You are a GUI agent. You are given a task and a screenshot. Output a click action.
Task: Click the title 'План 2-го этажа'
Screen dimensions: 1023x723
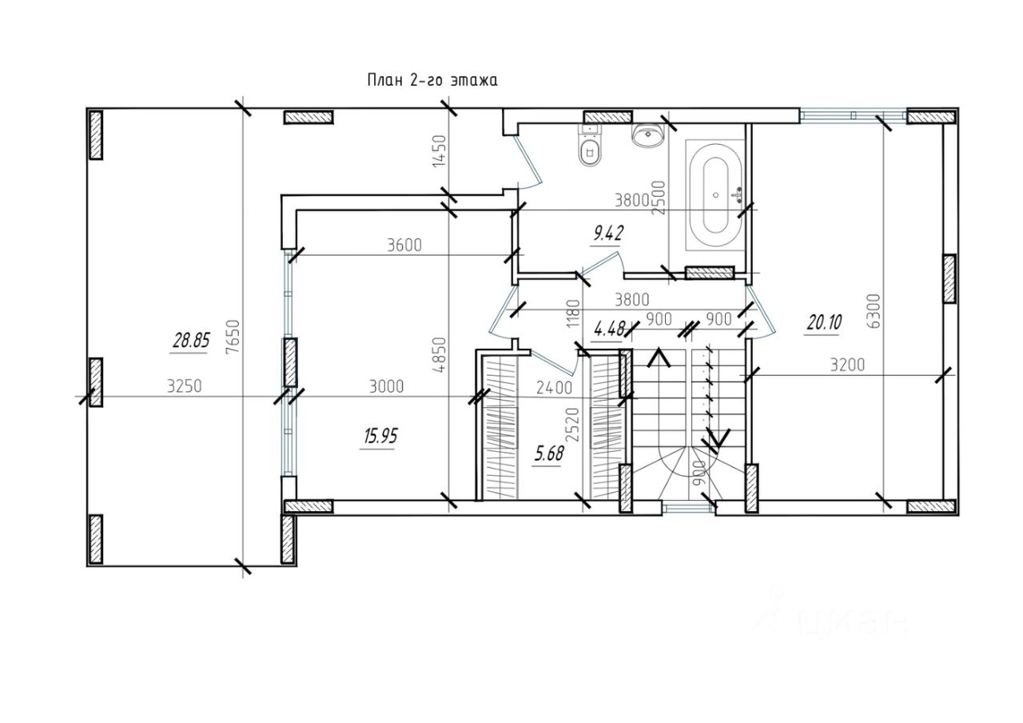(x=432, y=81)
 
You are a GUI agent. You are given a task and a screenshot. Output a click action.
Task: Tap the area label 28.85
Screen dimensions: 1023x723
(x=191, y=341)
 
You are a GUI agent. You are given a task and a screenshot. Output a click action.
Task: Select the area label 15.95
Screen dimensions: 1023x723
(x=380, y=437)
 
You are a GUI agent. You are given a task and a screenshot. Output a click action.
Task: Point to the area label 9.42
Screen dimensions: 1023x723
(x=607, y=234)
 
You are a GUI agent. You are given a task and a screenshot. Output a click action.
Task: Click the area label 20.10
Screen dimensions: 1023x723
(x=824, y=323)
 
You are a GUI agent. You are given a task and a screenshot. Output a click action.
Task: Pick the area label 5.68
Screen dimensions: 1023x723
(x=549, y=453)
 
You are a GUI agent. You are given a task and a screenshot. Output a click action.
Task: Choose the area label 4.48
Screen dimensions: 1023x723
(x=609, y=329)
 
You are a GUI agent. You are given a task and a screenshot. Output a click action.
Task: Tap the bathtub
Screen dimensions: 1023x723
(x=715, y=195)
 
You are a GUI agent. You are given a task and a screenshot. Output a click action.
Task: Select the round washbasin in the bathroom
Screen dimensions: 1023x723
(x=647, y=134)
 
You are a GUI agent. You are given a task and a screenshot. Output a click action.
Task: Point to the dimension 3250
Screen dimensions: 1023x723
(x=184, y=386)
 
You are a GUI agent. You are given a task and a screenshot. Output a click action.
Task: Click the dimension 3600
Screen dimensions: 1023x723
(x=404, y=246)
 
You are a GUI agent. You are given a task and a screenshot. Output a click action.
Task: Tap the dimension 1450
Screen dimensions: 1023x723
(x=439, y=151)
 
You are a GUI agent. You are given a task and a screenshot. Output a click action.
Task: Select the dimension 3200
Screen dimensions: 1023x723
(x=848, y=365)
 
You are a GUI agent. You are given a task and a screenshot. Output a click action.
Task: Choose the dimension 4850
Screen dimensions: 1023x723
(x=439, y=355)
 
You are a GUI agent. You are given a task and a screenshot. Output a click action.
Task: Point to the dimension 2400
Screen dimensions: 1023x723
(x=554, y=388)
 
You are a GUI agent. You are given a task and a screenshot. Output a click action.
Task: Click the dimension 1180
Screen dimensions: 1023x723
(x=573, y=313)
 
